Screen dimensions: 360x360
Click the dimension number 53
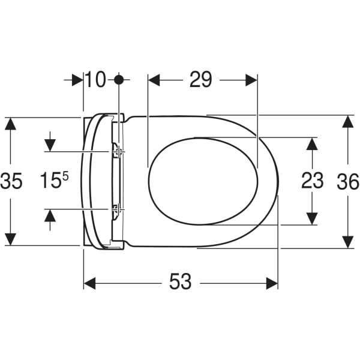pos(180,281)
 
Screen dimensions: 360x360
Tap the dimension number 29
pos(200,79)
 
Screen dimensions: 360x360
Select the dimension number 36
pos(348,181)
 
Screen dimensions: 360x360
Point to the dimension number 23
pos(312,181)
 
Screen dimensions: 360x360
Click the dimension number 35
pos(11,181)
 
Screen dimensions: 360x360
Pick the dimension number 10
pos(95,79)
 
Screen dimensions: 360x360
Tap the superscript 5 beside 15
pos(65,176)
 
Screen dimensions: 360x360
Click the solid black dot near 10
pos(119,80)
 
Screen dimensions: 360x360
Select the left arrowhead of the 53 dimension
pos(89,283)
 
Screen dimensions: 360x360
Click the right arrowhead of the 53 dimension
pos(272,283)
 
